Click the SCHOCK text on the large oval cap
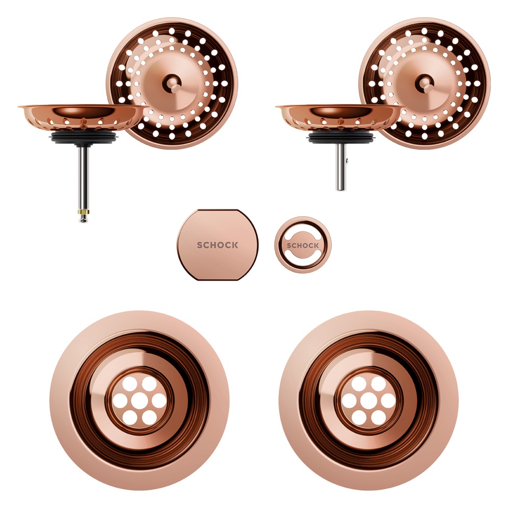pos(218,245)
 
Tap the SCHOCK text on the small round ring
pos(303,246)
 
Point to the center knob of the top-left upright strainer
pos(172,81)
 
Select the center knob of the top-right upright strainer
pos(425,81)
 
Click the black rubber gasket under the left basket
pos(83,137)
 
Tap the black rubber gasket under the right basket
pos(341,137)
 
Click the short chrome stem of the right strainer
pos(341,167)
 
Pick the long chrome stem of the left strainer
pos(84,177)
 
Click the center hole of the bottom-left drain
pos(139,400)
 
